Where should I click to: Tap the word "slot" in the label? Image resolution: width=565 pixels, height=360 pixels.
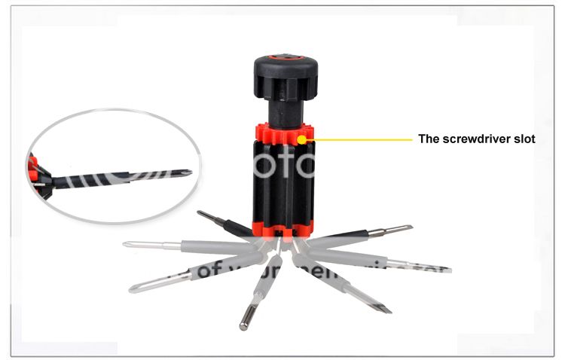(x=523, y=139)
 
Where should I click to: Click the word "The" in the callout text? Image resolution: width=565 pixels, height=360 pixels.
(x=429, y=139)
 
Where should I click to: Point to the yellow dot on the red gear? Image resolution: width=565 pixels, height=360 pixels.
(x=302, y=138)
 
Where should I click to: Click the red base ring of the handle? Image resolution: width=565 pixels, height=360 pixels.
(x=279, y=227)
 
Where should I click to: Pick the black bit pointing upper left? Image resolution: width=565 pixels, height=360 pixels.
(x=218, y=220)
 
